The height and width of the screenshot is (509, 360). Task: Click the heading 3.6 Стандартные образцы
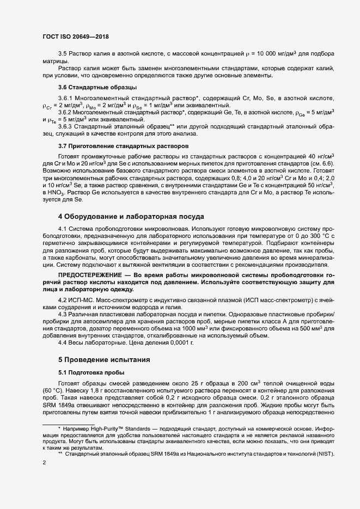pos(97,87)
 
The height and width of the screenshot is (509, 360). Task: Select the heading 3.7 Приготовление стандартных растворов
pos(123,146)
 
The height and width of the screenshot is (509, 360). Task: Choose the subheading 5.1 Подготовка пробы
pos(91,372)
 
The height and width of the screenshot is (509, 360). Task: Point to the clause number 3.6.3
pos(65,126)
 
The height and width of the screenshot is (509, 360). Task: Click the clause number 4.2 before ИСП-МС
pos(63,300)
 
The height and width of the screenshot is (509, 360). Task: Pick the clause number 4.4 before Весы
pos(63,343)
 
